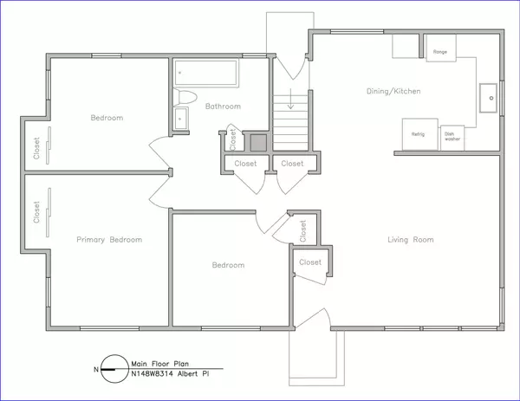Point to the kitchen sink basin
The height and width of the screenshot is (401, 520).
pos(491,99)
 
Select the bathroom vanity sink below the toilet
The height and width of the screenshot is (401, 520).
pos(182,119)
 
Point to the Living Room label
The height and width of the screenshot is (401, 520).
pos(410,239)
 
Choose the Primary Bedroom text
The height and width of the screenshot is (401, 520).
pos(109,239)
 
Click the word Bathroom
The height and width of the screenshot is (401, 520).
pos(223,107)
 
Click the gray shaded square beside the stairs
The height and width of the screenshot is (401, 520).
pos(258,141)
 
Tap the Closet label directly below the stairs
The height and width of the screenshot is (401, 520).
pos(293,163)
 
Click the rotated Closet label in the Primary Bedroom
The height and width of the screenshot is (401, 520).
pos(36,213)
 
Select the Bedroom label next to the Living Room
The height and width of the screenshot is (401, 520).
pos(228,265)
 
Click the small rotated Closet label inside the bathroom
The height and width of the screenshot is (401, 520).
pos(233,138)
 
